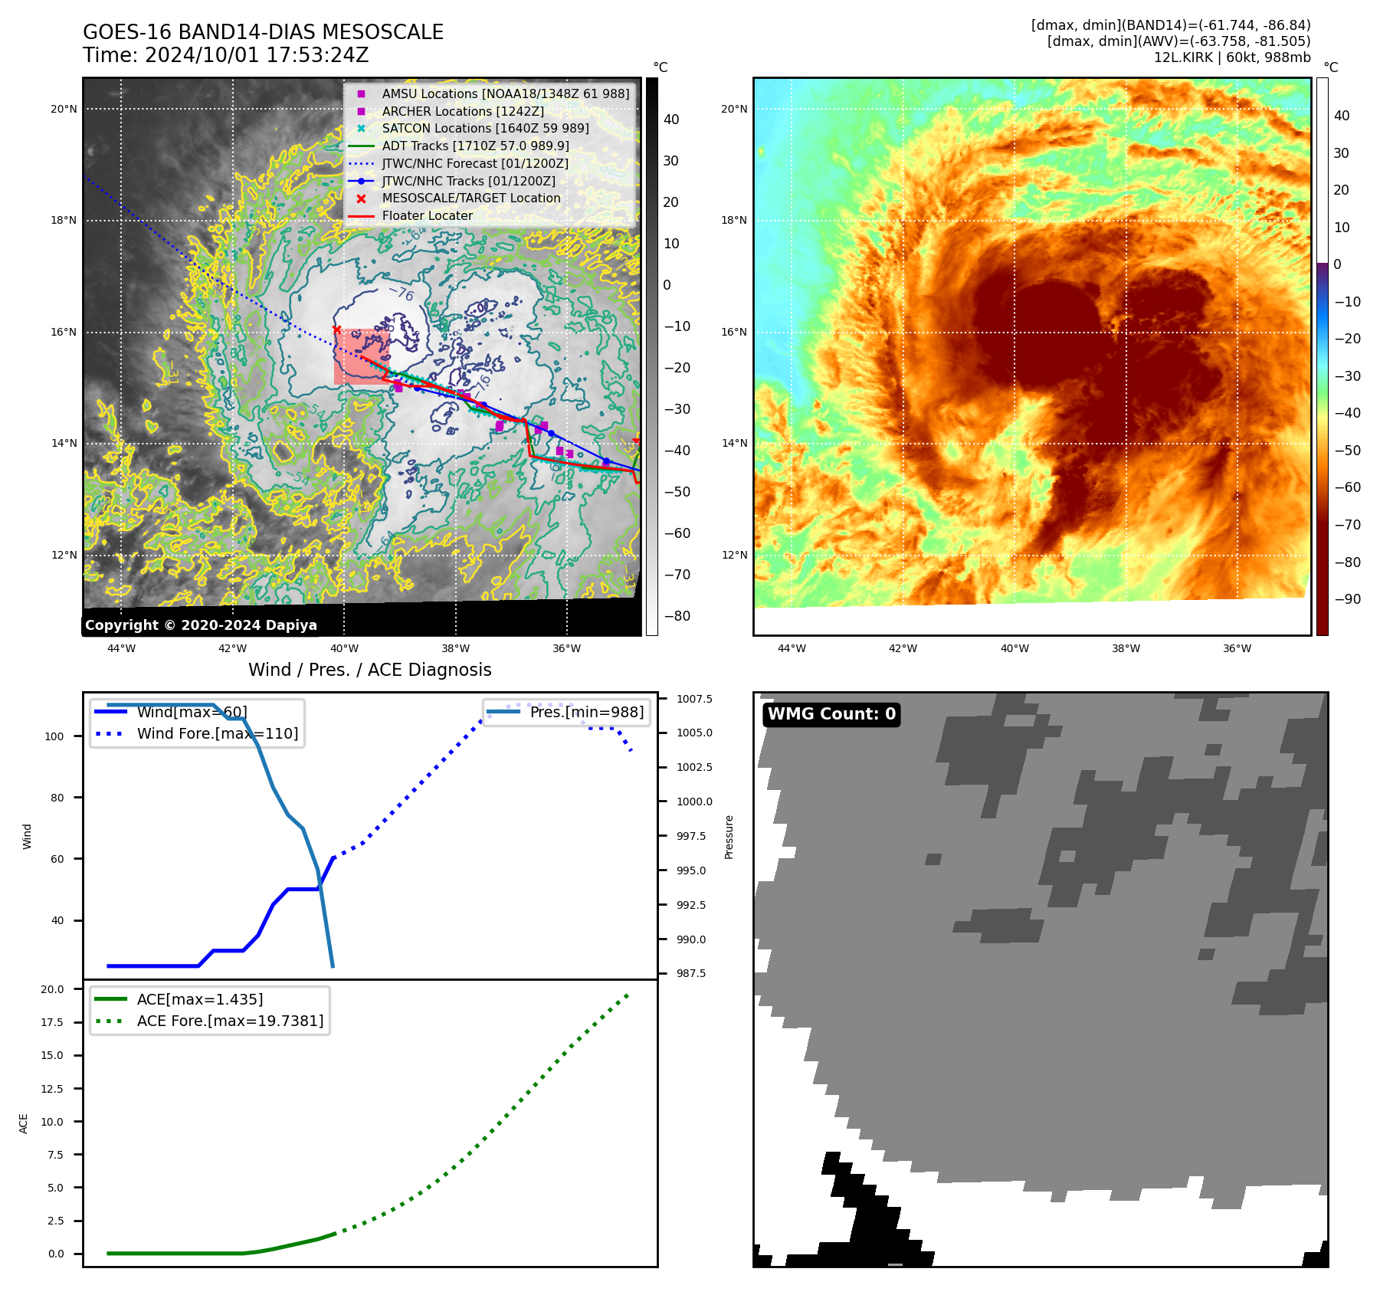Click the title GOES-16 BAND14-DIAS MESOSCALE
click(263, 32)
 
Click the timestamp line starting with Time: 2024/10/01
click(225, 55)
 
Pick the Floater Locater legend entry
click(427, 215)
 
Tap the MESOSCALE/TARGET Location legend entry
click(470, 198)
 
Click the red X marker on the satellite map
click(336, 329)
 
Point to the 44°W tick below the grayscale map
click(121, 648)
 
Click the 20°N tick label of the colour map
click(733, 109)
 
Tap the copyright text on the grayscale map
click(201, 625)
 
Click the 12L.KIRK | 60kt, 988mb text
click(1231, 57)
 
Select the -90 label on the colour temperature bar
click(1347, 599)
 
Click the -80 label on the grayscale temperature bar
click(677, 615)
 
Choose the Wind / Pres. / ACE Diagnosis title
click(369, 670)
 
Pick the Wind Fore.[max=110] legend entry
click(217, 733)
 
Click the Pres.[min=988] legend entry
click(586, 712)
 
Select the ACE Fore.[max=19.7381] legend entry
click(230, 1021)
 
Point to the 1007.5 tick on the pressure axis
click(694, 699)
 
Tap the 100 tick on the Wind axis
click(54, 736)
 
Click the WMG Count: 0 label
click(831, 714)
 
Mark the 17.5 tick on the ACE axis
click(52, 1022)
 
